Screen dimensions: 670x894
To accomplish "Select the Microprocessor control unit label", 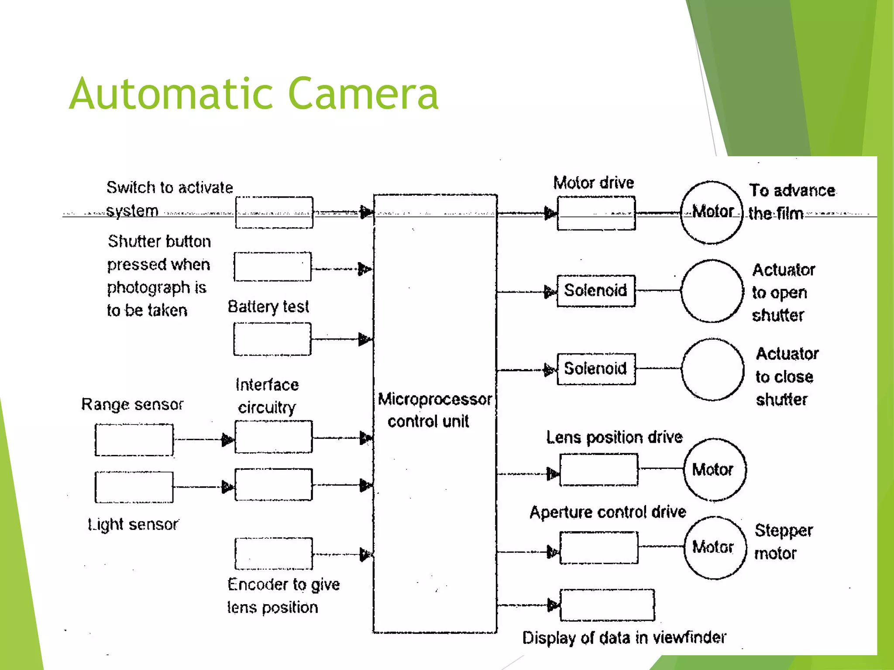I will point(434,410).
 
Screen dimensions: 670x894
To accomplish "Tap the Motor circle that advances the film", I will point(712,212).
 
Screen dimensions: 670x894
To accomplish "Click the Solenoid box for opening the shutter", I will point(596,291).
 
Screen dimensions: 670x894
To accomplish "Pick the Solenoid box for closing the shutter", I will point(596,369).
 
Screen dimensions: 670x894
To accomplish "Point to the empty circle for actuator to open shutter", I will point(712,291).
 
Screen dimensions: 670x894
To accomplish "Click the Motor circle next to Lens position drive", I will point(714,469).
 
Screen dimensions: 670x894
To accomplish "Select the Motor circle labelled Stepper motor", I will point(715,547).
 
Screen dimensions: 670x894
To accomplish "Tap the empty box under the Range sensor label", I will point(134,440).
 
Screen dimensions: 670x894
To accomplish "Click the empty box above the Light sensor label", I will point(134,487).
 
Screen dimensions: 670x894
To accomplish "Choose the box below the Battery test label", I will point(272,339).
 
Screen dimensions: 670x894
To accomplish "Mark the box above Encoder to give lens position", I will point(274,554).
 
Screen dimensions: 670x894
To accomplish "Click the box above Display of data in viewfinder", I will point(607,605).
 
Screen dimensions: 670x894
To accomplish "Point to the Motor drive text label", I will point(593,182).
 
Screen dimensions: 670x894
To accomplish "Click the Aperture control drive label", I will point(607,512).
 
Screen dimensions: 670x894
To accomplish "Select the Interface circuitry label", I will point(267,396).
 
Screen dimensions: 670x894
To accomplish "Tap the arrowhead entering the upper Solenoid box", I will point(550,291).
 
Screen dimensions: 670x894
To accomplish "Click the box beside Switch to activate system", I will point(274,212).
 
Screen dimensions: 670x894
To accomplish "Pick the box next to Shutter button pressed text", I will point(272,267).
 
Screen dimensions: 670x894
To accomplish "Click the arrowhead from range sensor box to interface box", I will point(227,440).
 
